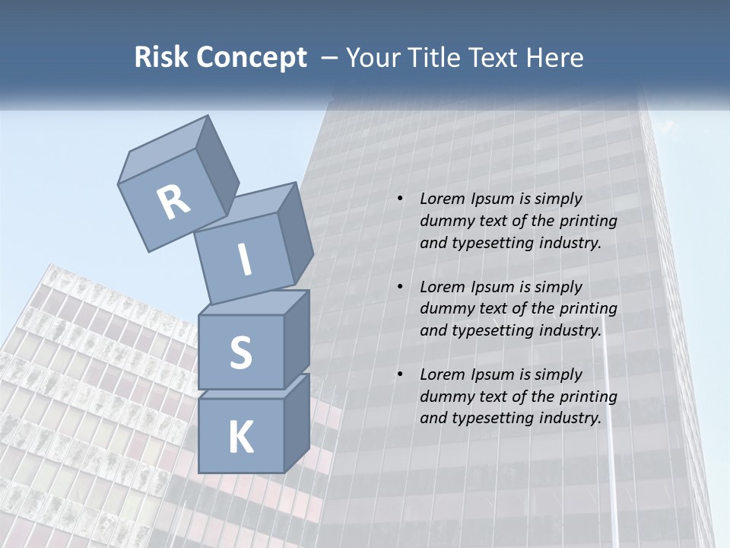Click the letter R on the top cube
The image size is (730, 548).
[x=173, y=202]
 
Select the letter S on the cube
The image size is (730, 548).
[x=240, y=352]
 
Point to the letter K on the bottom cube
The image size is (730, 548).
[x=240, y=438]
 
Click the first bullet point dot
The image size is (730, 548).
[x=399, y=199]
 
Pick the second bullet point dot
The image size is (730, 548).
[x=399, y=287]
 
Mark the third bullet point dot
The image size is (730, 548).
[x=399, y=374]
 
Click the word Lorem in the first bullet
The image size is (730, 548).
[x=442, y=199]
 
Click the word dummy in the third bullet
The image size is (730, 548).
[x=445, y=397]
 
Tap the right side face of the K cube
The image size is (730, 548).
[x=297, y=422]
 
